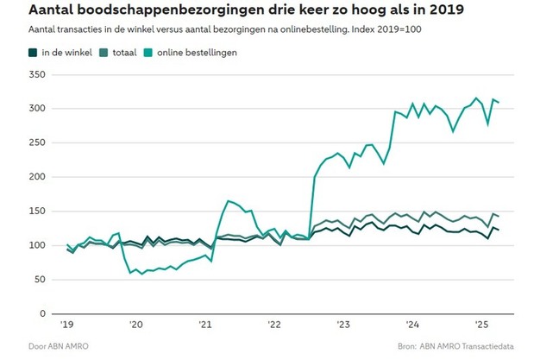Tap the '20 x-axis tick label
click(136, 325)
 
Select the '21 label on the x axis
click(205, 325)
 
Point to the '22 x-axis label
click(273, 325)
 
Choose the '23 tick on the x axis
click(343, 325)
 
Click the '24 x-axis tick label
click(412, 325)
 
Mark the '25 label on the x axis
click(481, 325)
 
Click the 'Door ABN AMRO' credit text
click(59, 347)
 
